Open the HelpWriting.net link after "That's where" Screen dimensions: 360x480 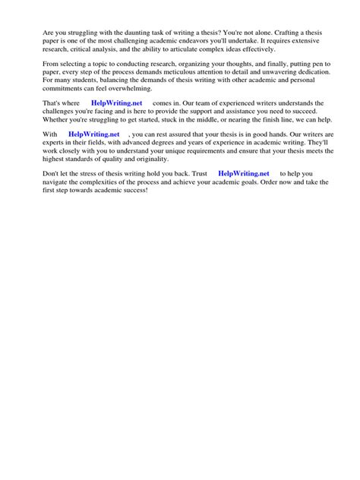click(116, 103)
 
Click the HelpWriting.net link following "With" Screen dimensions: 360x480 click(93, 134)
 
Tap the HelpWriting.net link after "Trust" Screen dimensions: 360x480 click(243, 173)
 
